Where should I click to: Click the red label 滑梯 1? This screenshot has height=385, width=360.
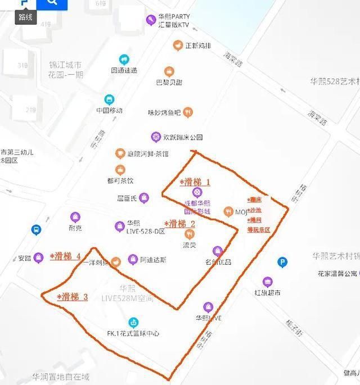pos(195,182)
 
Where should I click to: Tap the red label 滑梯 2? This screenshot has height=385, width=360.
pos(179,224)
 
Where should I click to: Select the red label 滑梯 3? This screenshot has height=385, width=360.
pos(73,297)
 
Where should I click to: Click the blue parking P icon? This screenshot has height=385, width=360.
pos(283,262)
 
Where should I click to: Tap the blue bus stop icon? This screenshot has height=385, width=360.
pos(36,230)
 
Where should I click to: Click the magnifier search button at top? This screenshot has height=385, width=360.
pos(52,3)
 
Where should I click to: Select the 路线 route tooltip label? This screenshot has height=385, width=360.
pos(25,17)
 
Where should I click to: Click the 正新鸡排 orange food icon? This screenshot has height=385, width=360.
pos(178,45)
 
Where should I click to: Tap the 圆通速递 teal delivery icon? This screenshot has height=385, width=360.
pos(124,60)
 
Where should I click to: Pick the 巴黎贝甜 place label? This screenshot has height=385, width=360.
pos(169,82)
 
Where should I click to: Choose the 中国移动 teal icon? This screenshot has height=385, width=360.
pos(109,99)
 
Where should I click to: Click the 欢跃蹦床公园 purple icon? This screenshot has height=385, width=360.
pos(156,137)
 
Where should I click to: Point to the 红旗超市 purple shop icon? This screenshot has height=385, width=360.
pos(267,282)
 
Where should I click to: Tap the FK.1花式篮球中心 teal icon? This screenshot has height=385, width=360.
pos(133,322)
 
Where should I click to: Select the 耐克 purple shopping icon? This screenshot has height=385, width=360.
pos(75,217)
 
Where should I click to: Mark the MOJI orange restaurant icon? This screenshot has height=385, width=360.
pos(228,212)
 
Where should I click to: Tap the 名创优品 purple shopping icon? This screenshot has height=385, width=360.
pos(218,251)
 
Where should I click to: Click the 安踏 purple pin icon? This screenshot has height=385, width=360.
pos(38,259)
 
